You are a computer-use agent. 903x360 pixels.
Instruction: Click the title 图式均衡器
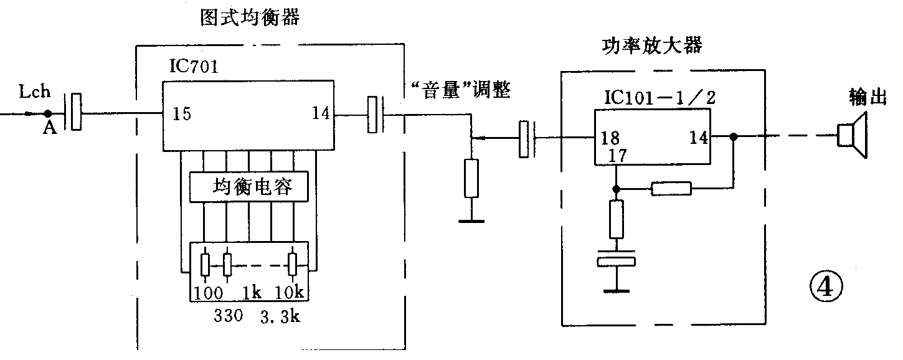coord(250,17)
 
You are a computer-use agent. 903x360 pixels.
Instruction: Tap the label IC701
coord(193,67)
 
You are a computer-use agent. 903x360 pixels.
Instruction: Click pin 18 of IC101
coord(610,138)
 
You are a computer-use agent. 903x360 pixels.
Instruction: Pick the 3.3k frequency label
coord(280,316)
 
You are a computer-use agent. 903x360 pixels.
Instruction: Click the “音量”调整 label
coord(461,91)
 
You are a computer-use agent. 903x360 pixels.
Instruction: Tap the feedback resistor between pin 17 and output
coord(671,188)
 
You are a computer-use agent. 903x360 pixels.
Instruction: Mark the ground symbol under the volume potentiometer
coord(471,220)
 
